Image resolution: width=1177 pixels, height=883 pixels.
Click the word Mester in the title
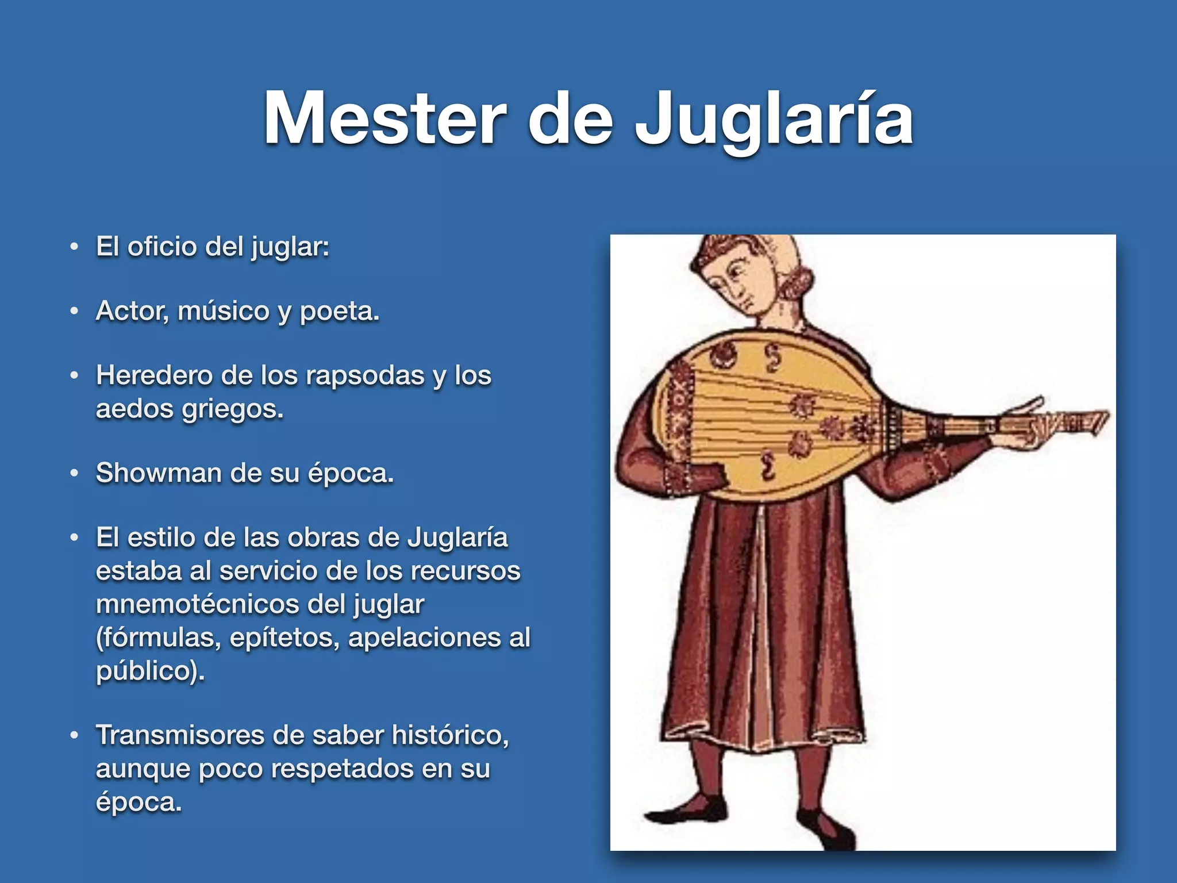coord(384,120)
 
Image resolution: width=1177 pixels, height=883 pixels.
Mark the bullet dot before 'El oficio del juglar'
coord(74,247)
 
